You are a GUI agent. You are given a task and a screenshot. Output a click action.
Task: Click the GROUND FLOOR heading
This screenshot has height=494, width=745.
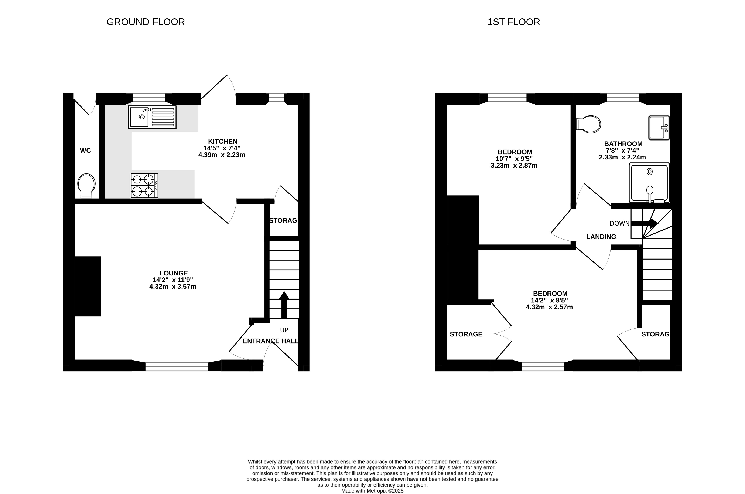[x=146, y=22]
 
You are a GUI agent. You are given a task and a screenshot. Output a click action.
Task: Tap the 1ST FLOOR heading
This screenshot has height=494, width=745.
[x=514, y=22]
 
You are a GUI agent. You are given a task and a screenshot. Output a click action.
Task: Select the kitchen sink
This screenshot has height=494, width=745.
[x=152, y=117]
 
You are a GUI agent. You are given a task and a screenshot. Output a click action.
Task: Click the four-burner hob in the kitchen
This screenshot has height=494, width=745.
[x=144, y=186]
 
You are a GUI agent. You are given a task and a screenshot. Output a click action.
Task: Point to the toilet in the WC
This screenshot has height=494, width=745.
[x=86, y=186]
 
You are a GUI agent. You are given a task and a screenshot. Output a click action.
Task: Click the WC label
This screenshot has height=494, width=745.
[x=85, y=150]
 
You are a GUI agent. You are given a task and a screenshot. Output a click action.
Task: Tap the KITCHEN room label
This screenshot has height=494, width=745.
[x=223, y=141]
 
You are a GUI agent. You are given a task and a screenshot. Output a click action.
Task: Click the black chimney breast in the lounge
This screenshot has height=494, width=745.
[x=88, y=286]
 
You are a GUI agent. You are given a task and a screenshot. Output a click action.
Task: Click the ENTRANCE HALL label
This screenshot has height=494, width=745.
[x=270, y=341]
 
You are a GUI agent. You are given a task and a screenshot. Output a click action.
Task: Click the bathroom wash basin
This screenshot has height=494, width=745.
[x=659, y=128]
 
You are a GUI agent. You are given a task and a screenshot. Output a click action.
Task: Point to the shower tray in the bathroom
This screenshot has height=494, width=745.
[x=649, y=183]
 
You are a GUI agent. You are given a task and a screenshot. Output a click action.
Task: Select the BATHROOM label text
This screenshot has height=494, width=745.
[x=623, y=144]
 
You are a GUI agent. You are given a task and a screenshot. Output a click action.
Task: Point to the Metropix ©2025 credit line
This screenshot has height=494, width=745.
[x=373, y=491]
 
